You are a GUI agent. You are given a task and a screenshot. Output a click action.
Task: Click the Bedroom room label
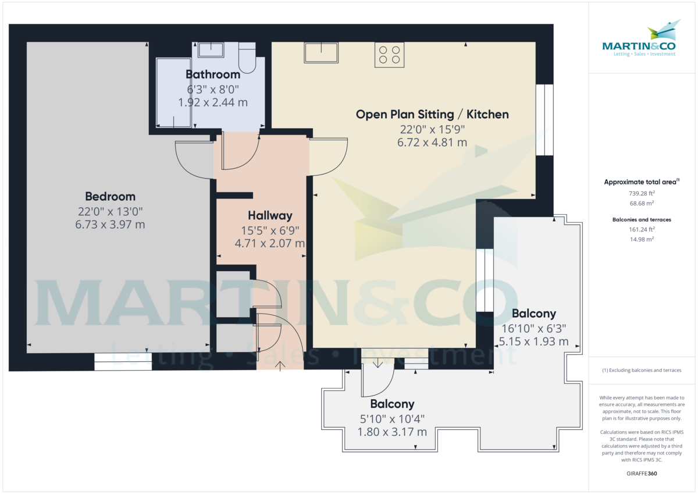110,197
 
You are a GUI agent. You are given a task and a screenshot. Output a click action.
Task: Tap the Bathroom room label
213,74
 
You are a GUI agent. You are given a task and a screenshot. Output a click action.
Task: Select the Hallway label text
270,216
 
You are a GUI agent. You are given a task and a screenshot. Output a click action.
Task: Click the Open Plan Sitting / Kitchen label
432,115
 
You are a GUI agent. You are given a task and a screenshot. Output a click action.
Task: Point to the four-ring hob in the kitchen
389,54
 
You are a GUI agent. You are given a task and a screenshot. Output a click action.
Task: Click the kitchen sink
321,52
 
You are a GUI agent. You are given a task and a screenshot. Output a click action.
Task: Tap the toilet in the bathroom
247,59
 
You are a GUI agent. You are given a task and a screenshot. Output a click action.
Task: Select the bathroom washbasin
211,50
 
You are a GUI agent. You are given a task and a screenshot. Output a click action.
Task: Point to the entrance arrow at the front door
282,365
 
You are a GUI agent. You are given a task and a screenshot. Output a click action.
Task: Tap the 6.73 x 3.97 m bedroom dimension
110,224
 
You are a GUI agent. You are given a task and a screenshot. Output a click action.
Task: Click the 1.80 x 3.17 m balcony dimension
392,432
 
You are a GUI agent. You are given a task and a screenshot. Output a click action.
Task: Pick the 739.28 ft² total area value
639,193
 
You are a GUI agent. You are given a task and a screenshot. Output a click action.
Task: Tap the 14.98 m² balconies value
639,239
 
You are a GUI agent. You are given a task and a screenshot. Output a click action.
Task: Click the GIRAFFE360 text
642,474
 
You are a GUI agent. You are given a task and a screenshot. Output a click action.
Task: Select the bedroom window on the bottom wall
123,362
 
